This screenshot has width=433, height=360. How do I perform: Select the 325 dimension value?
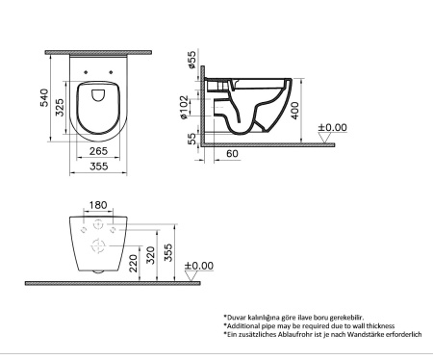pyautogui.click(x=59, y=106)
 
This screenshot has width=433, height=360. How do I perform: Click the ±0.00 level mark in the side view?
pyautogui.click(x=332, y=128)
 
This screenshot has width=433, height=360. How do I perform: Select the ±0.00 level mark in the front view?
pyautogui.click(x=200, y=266)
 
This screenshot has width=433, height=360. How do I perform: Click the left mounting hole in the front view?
pyautogui.click(x=78, y=231)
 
